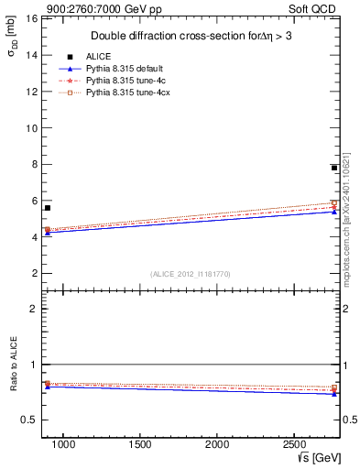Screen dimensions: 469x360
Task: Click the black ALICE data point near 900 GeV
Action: coord(48,208)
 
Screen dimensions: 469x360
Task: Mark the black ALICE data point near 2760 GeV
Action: coord(334,168)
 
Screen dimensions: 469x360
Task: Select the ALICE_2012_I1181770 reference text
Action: coord(191,273)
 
